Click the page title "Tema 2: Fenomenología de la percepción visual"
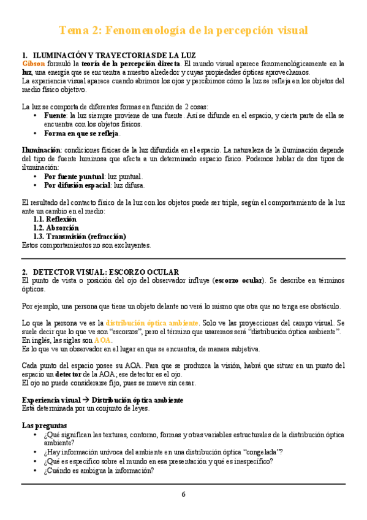[183, 30]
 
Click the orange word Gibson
[33, 63]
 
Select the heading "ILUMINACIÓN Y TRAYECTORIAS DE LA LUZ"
[114, 55]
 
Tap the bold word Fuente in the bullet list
[55, 115]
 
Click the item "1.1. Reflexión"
[55, 219]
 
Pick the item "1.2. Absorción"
[56, 227]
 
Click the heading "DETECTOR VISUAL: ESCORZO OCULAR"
[105, 272]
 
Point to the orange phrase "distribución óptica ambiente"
[152, 323]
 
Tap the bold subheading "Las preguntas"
[44, 425]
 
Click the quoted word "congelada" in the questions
[260, 452]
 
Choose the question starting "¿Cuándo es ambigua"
[99, 470]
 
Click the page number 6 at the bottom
[183, 495]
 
